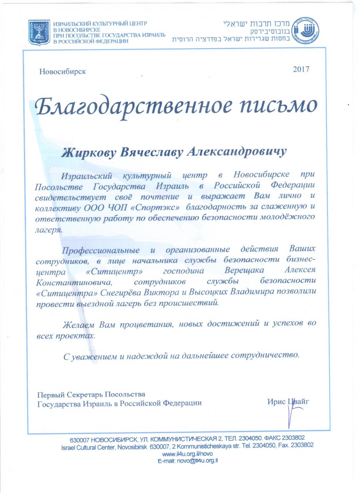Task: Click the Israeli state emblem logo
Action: tap(39, 32)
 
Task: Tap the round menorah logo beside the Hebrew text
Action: tap(306, 31)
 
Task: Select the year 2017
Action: tap(301, 69)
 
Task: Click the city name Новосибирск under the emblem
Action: tap(62, 72)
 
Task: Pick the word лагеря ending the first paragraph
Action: tap(49, 230)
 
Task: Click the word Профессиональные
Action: tap(101, 250)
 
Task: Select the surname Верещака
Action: tap(244, 271)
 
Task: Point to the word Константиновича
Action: tap(74, 283)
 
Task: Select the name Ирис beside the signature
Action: tap(276, 402)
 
